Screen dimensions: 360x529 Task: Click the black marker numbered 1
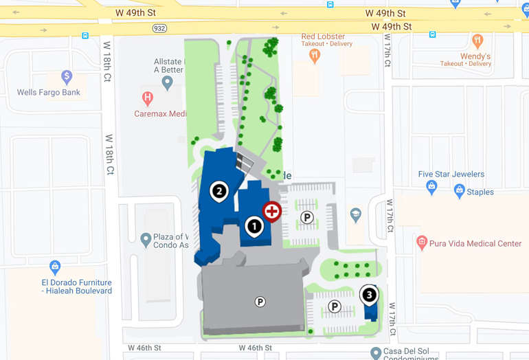coord(254,225)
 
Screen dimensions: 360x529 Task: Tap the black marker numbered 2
coord(219,191)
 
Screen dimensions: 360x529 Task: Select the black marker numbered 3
coord(370,295)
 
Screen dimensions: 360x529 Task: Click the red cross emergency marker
coord(272,211)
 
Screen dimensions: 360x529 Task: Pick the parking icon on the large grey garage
coord(260,302)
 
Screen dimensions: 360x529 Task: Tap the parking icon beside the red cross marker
coord(307,218)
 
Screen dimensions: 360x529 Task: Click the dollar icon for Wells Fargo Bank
coord(67,76)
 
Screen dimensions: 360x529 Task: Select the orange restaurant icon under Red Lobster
coord(315,56)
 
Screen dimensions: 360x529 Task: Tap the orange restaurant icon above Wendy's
coord(477,41)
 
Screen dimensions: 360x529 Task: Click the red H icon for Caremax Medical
coord(147,98)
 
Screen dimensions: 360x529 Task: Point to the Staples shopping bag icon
coord(460,190)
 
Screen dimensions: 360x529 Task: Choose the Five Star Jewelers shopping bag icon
coord(431,186)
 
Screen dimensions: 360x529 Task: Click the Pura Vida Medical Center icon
coord(422,243)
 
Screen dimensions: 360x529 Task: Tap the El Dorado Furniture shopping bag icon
coord(56,266)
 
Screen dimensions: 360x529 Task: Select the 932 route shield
coord(159,28)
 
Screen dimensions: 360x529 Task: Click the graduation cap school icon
coord(355,214)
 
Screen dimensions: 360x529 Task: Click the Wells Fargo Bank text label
coord(49,92)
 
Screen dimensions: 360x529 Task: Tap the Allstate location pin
coord(167,82)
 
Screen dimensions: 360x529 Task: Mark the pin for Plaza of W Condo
coord(146,240)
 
